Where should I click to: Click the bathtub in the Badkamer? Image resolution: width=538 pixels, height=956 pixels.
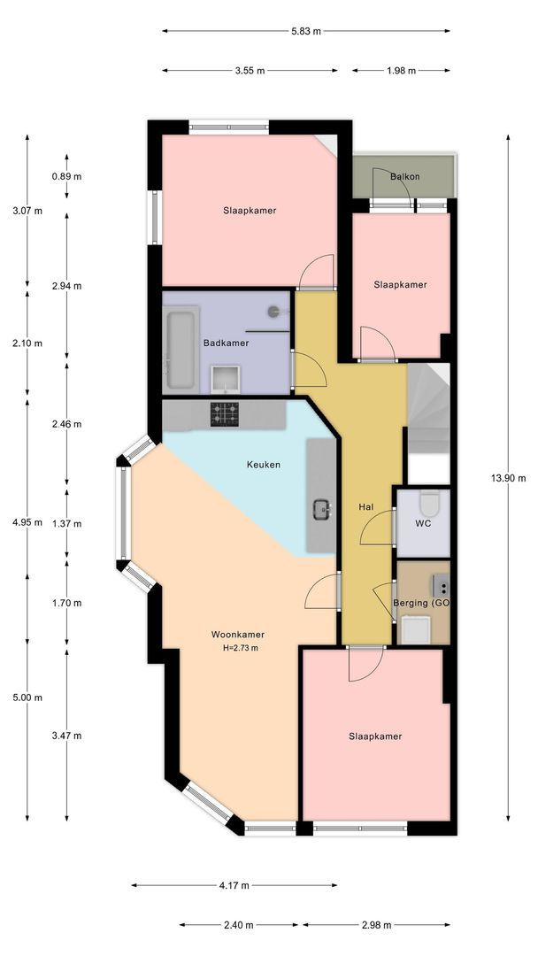[181, 350]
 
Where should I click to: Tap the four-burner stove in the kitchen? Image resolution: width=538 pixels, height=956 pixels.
[225, 414]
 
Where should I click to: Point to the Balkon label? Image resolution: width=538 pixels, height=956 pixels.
[404, 177]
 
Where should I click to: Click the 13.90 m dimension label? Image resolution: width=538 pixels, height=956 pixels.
[508, 478]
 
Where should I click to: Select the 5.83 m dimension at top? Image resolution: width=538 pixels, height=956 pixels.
[306, 31]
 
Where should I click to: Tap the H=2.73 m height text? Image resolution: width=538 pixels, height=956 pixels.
[241, 648]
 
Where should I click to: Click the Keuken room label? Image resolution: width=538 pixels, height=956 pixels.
[263, 465]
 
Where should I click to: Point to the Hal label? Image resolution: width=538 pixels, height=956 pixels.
[366, 506]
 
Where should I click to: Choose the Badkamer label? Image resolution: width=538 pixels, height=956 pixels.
[226, 343]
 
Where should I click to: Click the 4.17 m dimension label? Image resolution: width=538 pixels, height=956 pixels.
[234, 885]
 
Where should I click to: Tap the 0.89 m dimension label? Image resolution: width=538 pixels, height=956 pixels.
[66, 177]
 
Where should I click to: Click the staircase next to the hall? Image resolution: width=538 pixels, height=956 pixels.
[428, 408]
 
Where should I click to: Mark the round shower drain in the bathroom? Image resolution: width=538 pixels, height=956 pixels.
[273, 312]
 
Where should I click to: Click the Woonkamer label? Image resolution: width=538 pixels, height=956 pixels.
[238, 635]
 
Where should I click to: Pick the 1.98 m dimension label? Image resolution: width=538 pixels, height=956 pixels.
[401, 71]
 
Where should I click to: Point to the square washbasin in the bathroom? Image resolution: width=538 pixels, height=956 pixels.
[226, 379]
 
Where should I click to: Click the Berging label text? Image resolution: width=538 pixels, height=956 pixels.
[411, 604]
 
